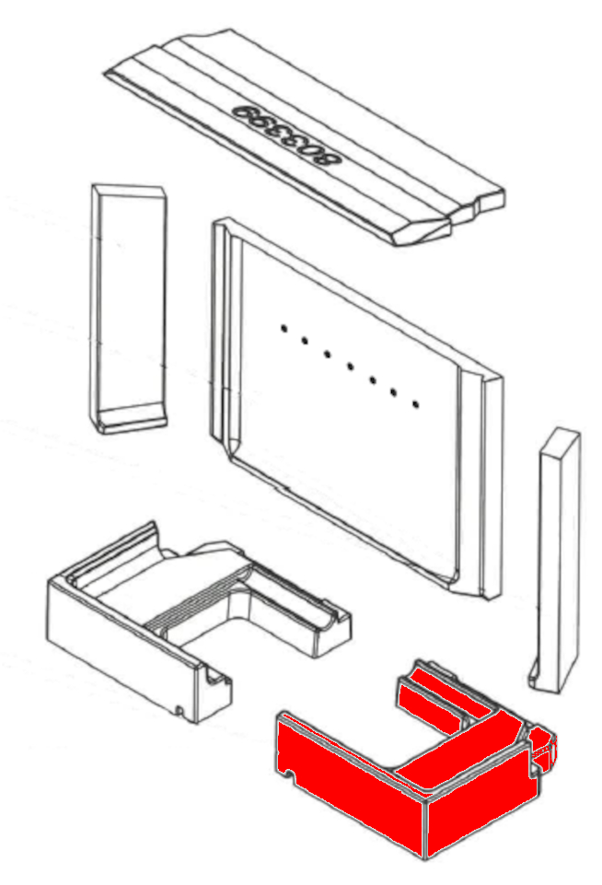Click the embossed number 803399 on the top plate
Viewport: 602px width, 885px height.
click(x=288, y=134)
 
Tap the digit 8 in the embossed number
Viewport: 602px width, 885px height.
click(x=330, y=158)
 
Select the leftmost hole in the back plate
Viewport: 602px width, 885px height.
click(x=284, y=327)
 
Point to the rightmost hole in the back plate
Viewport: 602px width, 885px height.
click(x=416, y=404)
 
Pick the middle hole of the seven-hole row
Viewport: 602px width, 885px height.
click(x=351, y=367)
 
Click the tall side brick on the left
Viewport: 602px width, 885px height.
click(x=128, y=309)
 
